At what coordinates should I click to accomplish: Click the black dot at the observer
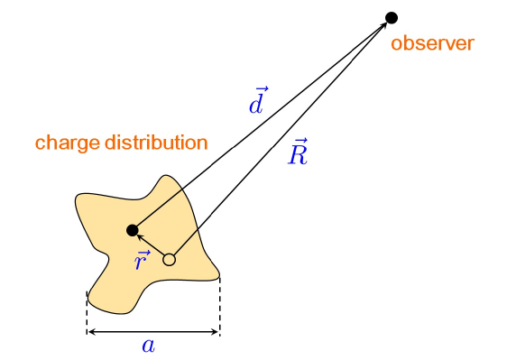[x=392, y=17]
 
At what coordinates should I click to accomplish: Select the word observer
[x=432, y=42]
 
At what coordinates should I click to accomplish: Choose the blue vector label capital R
[x=298, y=154]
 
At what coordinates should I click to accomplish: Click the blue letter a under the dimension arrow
[x=149, y=345]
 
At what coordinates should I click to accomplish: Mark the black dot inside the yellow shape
[x=133, y=229]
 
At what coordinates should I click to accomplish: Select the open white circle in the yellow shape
[x=169, y=260]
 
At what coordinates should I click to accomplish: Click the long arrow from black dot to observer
[x=262, y=124]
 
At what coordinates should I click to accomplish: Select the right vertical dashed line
[x=219, y=305]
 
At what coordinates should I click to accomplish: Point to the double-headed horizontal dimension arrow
[x=153, y=331]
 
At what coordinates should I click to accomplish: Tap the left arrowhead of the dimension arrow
[x=91, y=331]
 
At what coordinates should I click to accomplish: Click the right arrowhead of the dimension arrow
[x=215, y=331]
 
